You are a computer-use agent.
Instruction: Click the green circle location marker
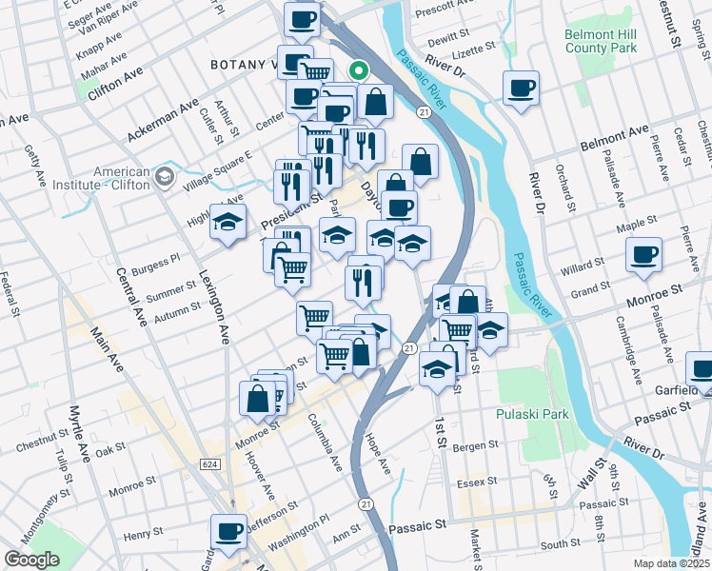359,69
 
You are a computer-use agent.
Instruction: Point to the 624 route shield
208,463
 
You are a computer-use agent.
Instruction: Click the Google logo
31,560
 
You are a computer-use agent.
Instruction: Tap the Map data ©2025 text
670,563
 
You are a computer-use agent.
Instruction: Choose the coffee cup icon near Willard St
643,254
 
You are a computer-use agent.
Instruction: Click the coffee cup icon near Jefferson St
228,531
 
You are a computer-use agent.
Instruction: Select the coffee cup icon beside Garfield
701,367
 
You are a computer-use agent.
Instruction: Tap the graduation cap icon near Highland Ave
227,222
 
